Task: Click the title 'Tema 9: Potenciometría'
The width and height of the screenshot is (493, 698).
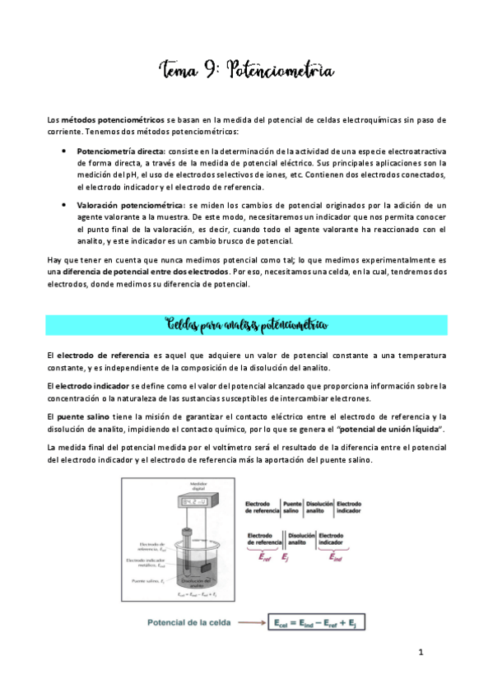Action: click(247, 72)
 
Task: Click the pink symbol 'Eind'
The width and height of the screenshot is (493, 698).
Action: click(337, 558)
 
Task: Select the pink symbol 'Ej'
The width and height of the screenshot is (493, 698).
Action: click(286, 558)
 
